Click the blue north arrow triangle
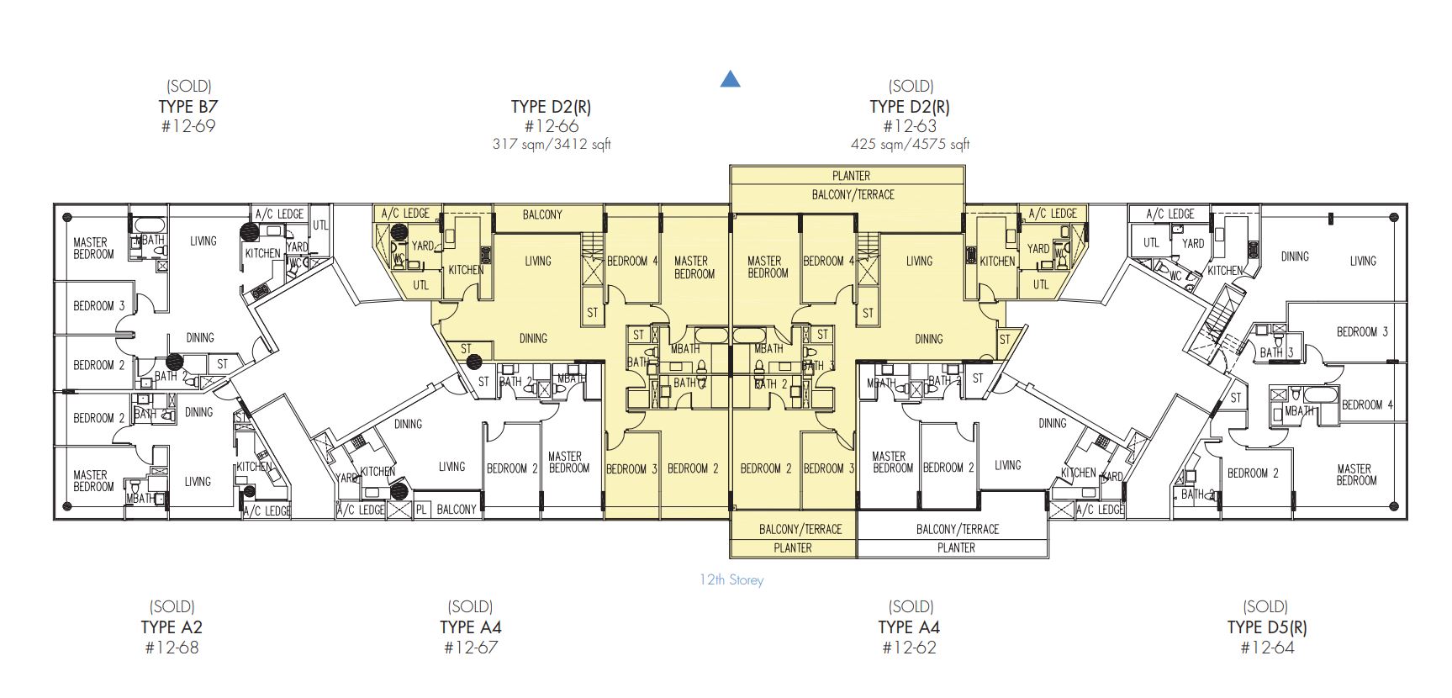coord(730,79)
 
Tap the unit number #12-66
coord(551,126)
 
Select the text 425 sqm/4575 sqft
coord(910,144)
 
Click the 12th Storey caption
coord(731,579)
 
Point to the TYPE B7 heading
coord(188,107)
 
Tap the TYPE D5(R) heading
coord(1266,627)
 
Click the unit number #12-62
coord(909,648)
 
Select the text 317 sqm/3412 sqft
coord(551,144)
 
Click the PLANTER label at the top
coord(851,176)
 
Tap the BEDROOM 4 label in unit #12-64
coord(1367,405)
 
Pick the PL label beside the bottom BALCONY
coord(421,510)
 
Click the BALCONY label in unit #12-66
coord(542,214)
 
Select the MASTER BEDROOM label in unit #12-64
coord(1356,474)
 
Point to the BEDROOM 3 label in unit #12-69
coord(98,306)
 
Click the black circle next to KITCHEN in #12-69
coord(249,232)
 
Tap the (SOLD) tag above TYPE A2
coord(172,606)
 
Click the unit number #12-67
coord(470,648)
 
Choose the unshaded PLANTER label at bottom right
coord(956,547)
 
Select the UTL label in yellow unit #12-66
coord(421,285)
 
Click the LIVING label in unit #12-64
coord(1363,261)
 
